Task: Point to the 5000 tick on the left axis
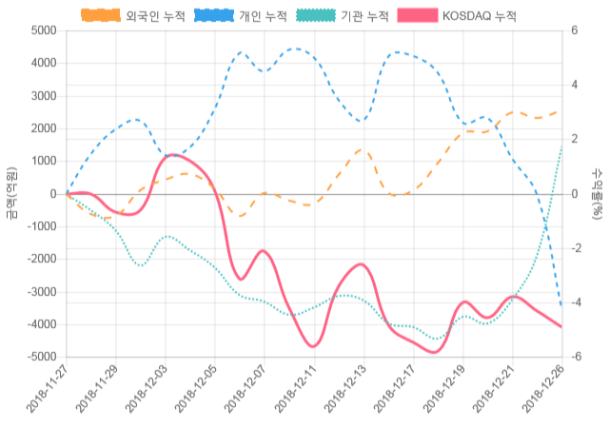(x=43, y=31)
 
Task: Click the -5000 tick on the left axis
(x=41, y=357)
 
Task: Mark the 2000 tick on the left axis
(x=43, y=128)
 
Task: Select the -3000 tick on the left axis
(x=41, y=292)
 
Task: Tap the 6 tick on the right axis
(x=575, y=31)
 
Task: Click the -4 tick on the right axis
(x=577, y=302)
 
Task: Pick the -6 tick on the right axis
(x=577, y=357)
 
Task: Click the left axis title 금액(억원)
(x=11, y=193)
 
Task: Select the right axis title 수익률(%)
(x=598, y=193)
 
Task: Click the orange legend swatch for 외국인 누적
(x=101, y=16)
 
